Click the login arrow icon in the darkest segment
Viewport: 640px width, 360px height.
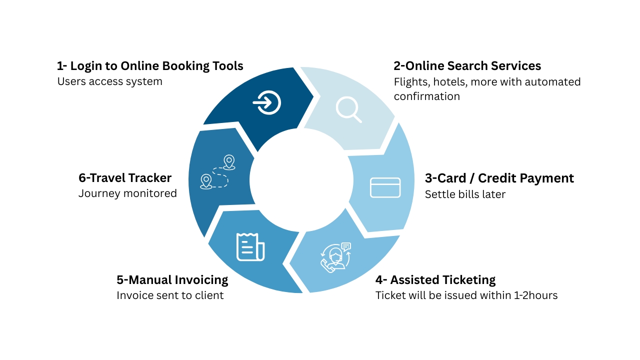[x=267, y=103]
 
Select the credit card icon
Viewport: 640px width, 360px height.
[x=385, y=187]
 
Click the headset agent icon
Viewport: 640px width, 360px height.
[x=335, y=257]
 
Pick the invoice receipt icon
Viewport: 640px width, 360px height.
[x=250, y=247]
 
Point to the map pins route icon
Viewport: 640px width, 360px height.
[x=217, y=172]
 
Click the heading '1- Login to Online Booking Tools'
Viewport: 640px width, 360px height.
[x=150, y=66]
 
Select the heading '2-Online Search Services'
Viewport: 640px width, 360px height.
[x=467, y=66]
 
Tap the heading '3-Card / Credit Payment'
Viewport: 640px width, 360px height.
[x=499, y=178]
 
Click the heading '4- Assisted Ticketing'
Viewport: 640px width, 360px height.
[x=435, y=280]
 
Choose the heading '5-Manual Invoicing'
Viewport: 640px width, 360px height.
[x=172, y=280]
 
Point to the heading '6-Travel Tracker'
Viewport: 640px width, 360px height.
[x=125, y=178]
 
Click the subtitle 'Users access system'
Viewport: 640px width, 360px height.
[x=109, y=81]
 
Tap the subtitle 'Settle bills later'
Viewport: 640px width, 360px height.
[x=465, y=194]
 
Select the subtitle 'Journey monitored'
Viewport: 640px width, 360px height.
[x=127, y=193]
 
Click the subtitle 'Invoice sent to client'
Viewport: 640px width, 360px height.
[x=170, y=295]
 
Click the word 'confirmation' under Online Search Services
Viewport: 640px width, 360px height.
[x=427, y=96]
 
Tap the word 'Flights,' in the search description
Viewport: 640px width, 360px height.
[x=412, y=82]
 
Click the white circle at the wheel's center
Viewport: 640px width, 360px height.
[x=301, y=180]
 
